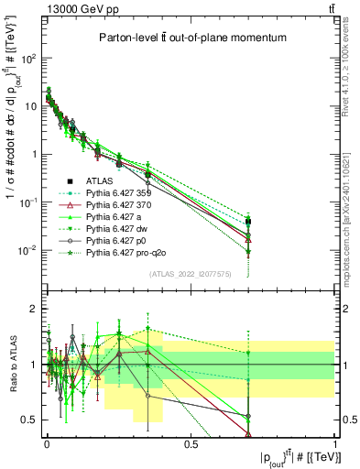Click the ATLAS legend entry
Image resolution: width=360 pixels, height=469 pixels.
100,181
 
